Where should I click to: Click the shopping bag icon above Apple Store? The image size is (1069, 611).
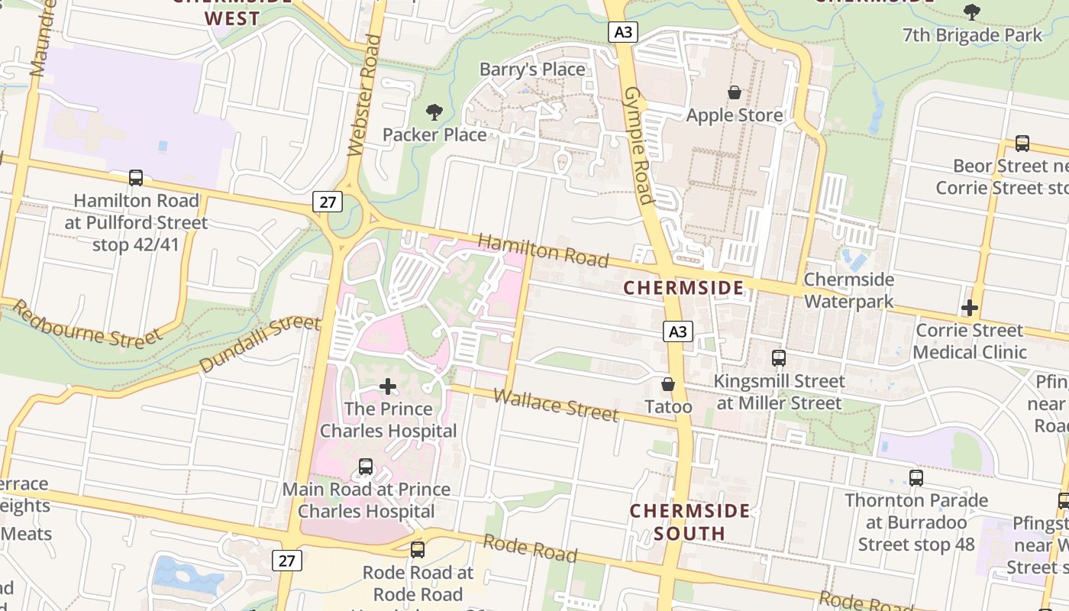(x=735, y=92)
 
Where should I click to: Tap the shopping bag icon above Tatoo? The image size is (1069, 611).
(x=668, y=384)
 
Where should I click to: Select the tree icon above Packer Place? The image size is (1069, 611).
(x=434, y=112)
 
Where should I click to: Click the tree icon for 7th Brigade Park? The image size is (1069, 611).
(x=972, y=11)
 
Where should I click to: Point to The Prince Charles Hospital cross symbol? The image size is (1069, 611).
(x=388, y=386)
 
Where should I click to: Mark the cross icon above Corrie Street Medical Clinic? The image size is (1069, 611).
(x=970, y=308)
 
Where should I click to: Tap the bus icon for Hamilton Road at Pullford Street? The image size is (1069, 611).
(x=136, y=178)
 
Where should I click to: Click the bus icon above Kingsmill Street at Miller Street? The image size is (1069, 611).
(x=779, y=357)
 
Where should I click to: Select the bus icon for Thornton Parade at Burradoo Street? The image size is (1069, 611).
(x=916, y=478)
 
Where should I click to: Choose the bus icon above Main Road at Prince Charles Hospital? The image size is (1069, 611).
(x=366, y=466)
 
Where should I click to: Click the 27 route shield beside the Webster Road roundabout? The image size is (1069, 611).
(x=327, y=202)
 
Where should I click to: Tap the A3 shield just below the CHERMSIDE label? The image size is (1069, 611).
(x=677, y=331)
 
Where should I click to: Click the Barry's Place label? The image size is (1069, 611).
(x=532, y=70)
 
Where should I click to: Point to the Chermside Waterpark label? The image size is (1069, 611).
(x=848, y=290)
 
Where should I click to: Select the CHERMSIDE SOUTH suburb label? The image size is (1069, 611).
(x=690, y=522)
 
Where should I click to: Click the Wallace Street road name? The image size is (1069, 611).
(x=555, y=405)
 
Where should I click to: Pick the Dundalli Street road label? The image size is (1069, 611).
(x=260, y=344)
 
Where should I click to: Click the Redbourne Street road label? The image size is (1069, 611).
(x=88, y=325)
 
